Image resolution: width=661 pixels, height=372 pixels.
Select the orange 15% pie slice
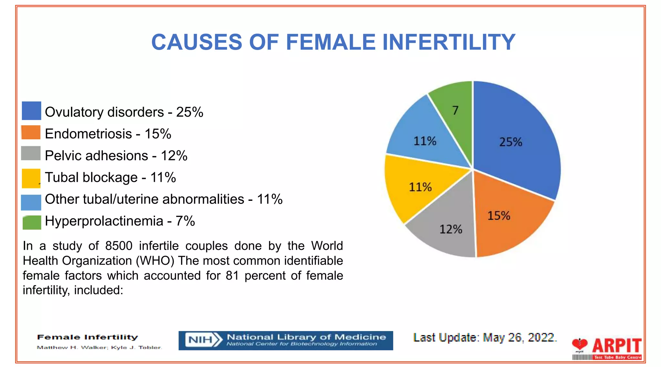click(x=507, y=220)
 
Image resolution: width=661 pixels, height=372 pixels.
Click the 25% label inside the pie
click(x=511, y=142)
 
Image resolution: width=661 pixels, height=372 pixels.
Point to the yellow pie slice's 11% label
click(x=420, y=187)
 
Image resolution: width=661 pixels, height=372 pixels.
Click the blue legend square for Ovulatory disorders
click(x=31, y=111)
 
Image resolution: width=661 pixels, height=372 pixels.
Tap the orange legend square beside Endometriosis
click(x=31, y=132)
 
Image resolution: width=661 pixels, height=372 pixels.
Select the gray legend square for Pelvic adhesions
click(x=31, y=153)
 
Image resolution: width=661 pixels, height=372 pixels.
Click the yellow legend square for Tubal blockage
click(x=31, y=178)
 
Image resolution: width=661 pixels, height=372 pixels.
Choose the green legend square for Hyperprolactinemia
click(x=32, y=222)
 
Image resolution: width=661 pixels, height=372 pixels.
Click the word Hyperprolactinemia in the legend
click(x=104, y=222)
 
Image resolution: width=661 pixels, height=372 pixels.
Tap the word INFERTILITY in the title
click(x=449, y=42)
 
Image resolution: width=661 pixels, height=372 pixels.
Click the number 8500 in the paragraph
click(x=119, y=246)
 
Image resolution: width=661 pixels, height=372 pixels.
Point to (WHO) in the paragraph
click(x=155, y=261)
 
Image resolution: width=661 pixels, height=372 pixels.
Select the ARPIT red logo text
click(x=616, y=346)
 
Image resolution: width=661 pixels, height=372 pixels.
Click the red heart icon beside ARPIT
click(x=580, y=344)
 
